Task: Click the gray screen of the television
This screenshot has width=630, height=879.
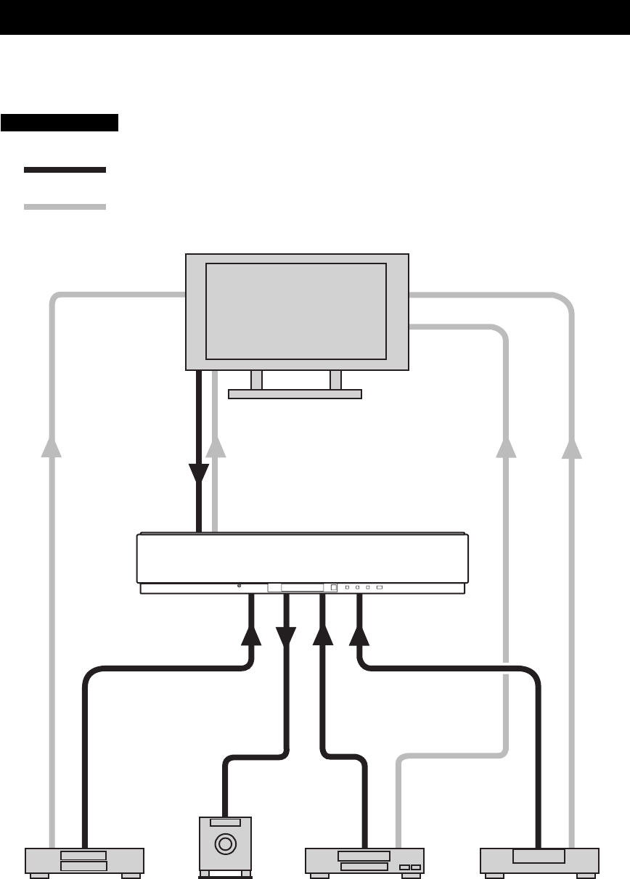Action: (296, 311)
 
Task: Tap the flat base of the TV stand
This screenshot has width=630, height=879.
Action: (295, 394)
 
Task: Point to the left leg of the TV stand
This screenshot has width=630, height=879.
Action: (256, 380)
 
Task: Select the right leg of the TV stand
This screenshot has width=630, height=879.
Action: (335, 380)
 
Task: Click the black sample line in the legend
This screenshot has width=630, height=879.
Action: (65, 170)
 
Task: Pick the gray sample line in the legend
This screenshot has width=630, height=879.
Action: (65, 207)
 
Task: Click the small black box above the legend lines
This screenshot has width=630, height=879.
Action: (60, 122)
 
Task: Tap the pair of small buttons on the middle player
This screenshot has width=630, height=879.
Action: (410, 867)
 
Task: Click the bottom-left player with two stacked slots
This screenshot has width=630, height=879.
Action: (84, 861)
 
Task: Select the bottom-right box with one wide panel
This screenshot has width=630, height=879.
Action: (539, 860)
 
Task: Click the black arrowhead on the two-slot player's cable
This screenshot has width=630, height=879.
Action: (251, 635)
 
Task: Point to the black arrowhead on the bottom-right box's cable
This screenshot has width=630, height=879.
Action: (359, 635)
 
